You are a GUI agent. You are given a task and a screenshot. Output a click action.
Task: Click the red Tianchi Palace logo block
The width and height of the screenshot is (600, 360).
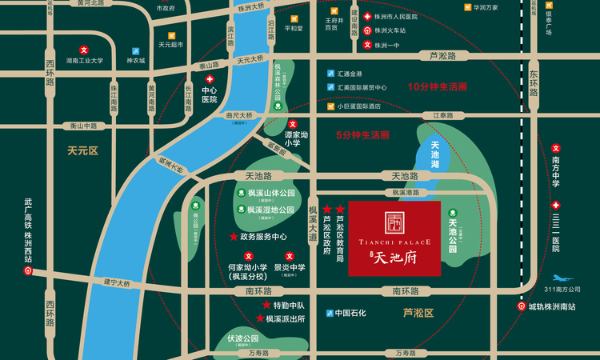pos(394,238)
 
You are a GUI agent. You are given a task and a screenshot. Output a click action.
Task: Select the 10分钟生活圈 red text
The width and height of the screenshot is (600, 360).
pos(438,86)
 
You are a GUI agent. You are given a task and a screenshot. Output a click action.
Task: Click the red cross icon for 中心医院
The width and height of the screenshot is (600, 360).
pos(210,80)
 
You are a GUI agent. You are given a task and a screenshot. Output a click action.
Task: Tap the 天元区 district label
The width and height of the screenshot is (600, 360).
pos(82,150)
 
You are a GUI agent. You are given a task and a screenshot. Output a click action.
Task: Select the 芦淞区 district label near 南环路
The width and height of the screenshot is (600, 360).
pos(418,313)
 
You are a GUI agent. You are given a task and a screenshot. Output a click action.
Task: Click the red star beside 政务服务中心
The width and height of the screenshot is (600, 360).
pos(234,237)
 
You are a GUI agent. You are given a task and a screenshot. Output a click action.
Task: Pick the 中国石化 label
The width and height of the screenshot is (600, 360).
pos(350,313)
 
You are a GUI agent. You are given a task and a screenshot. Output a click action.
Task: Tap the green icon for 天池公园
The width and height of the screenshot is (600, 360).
pos(454,212)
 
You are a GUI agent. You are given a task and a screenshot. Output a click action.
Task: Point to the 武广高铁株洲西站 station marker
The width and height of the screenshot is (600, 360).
pos(28,271)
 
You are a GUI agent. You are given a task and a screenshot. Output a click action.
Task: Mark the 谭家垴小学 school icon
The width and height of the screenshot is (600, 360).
pos(293,124)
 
